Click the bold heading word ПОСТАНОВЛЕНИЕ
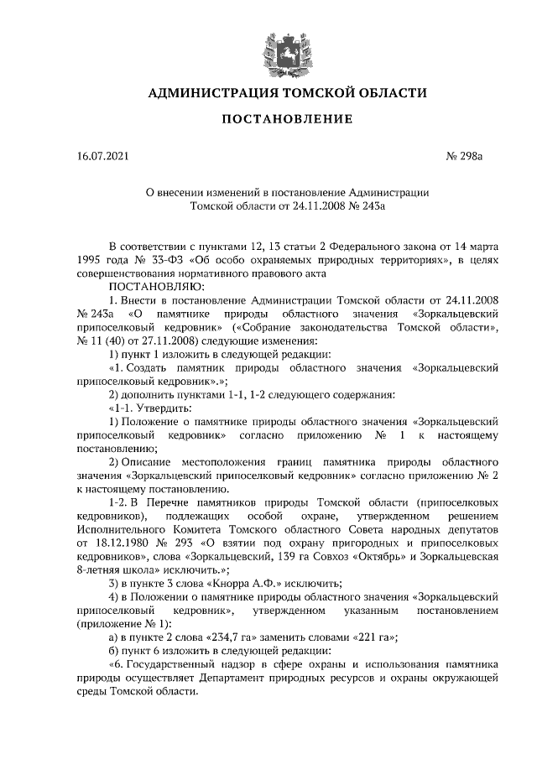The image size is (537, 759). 286,119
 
